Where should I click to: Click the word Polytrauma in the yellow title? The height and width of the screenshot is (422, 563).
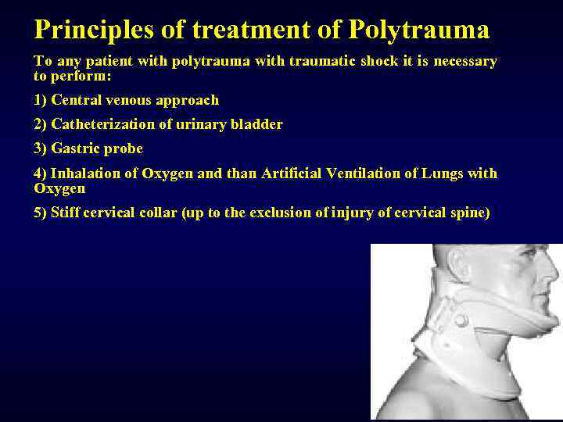419,30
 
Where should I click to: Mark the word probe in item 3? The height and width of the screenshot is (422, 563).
125,148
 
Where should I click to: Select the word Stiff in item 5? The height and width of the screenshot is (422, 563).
66,213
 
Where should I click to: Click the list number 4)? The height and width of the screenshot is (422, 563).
40,173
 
